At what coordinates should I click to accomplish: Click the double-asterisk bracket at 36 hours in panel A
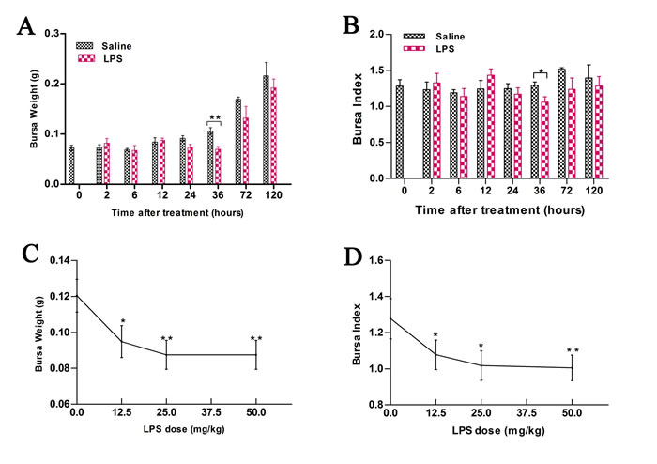[x=214, y=119]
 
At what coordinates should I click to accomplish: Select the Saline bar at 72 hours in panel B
[x=561, y=123]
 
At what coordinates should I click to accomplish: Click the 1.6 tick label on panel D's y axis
[x=374, y=260]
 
